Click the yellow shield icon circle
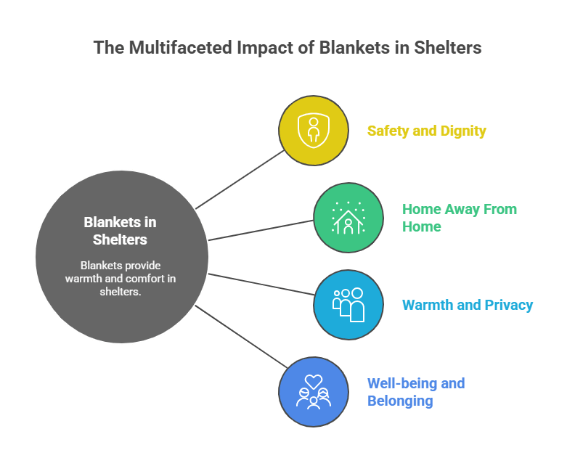coord(314,131)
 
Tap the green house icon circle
coord(348,218)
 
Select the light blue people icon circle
coord(348,305)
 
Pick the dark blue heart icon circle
coord(314,392)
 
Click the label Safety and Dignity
coord(426,131)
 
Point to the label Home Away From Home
coord(459,218)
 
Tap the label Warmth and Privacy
coord(468,305)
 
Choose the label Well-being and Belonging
coord(415,392)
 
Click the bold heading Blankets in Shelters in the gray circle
coord(121,231)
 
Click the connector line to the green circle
coord(261,230)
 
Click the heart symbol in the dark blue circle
coord(314,380)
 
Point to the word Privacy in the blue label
coord(507,305)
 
